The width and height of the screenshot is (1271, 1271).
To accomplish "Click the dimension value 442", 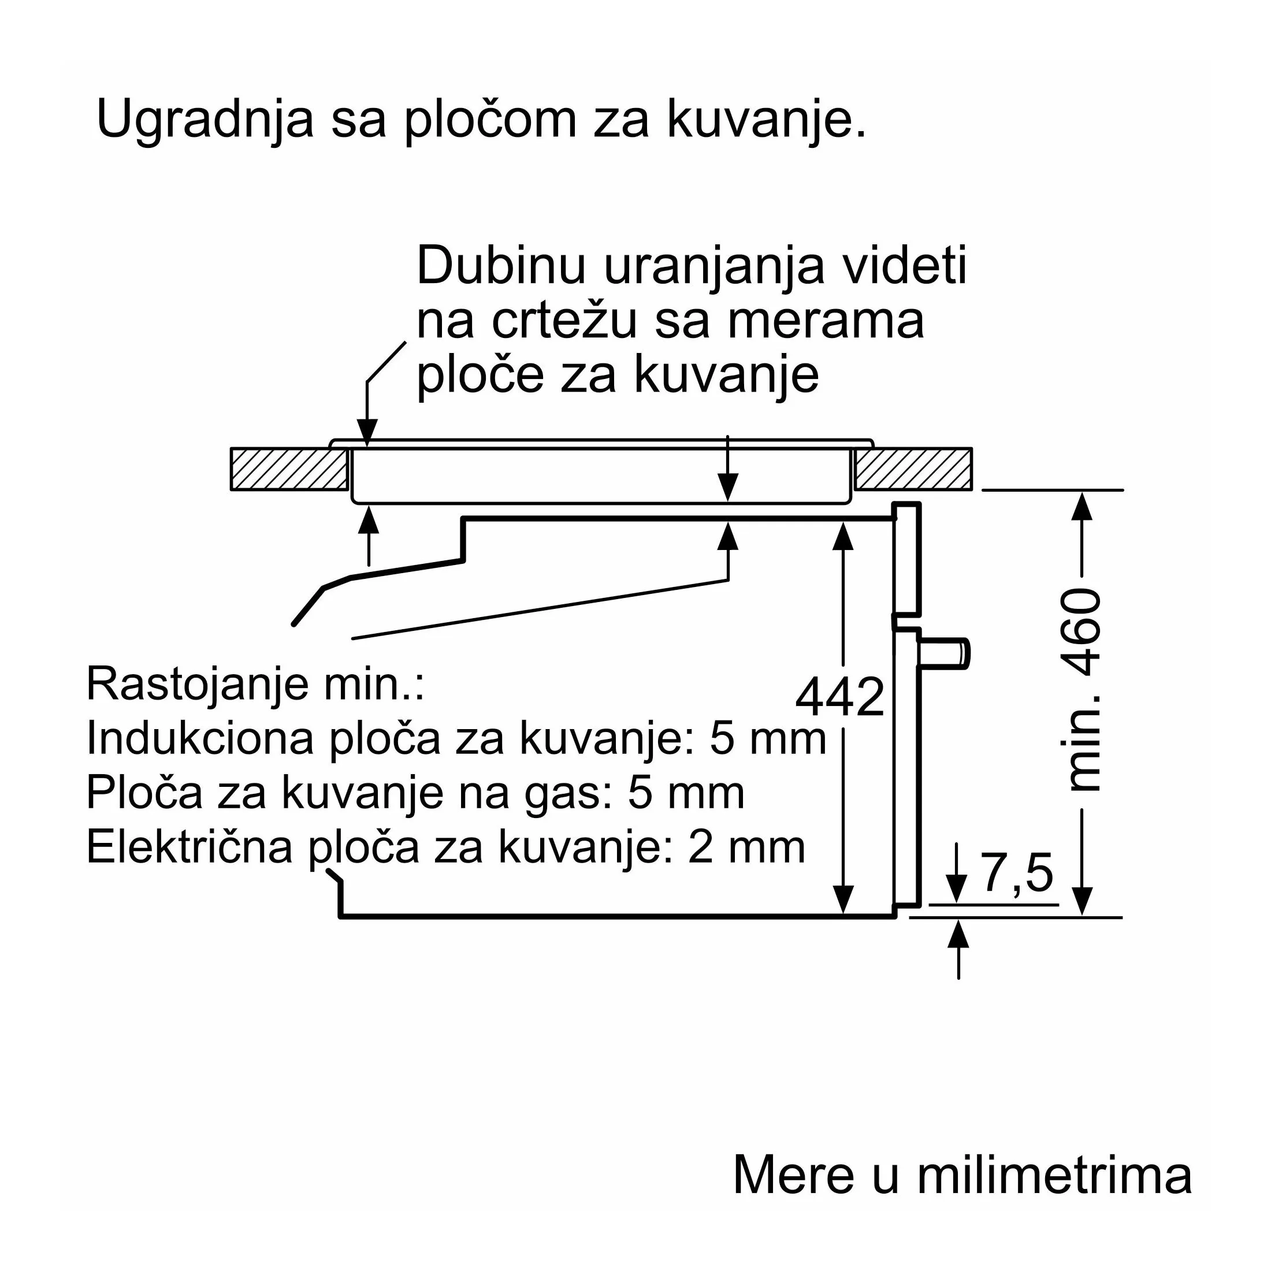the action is [840, 697].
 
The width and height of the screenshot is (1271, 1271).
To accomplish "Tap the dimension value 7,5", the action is [1017, 872].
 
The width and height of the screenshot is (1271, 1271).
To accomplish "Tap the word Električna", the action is [189, 847].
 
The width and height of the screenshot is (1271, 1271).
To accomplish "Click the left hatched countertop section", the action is [289, 469].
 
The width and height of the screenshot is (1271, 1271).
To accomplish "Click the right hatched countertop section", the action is [914, 469].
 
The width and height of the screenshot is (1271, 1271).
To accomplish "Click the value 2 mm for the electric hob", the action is [746, 847].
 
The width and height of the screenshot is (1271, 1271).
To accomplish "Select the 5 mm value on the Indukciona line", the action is [767, 738].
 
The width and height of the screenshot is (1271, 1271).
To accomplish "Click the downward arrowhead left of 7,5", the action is [957, 889].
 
